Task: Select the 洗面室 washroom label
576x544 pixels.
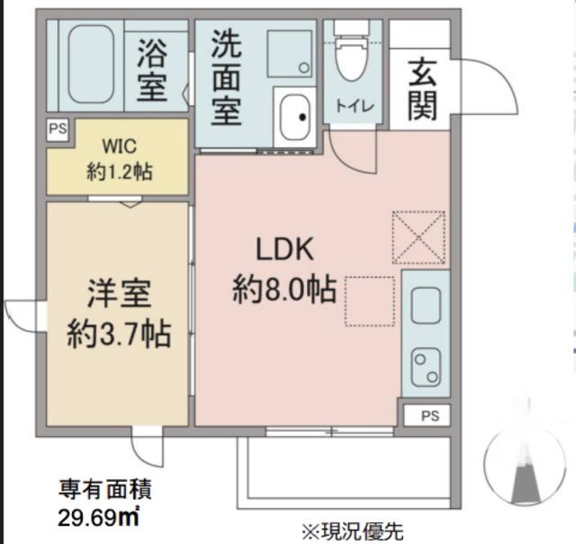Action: coord(227,77)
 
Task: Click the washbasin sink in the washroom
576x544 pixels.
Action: coord(294,116)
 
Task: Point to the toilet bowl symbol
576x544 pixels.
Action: coord(350,54)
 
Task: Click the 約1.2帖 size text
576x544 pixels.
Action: coord(118,171)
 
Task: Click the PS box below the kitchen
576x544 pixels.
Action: coord(430,415)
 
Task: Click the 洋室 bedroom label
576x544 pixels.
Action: coord(118,295)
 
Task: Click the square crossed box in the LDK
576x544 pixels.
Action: coord(418,236)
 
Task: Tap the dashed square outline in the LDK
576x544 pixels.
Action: coord(369,301)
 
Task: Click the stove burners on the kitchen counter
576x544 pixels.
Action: coord(423,364)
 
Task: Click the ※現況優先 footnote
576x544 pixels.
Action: coord(352,531)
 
